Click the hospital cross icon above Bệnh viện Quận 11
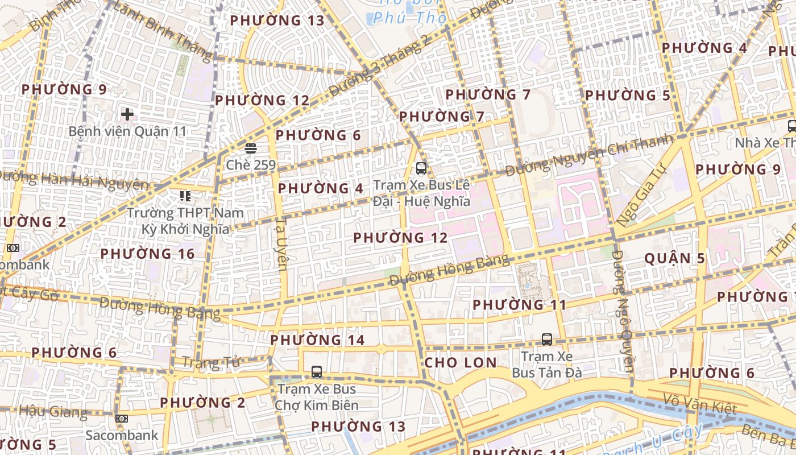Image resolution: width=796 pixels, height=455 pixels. (127, 114)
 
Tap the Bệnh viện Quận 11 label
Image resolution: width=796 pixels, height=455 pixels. (127, 131)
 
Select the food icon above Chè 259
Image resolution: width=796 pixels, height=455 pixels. (250, 148)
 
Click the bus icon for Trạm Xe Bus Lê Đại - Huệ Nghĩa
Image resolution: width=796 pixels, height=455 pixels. (421, 168)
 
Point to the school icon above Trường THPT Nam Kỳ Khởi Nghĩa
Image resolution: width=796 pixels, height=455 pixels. (185, 196)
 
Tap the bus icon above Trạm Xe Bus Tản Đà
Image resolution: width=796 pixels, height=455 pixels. (547, 340)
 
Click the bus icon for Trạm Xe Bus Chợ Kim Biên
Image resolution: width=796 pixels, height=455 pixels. (317, 372)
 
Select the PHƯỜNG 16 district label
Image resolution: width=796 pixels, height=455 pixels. (148, 254)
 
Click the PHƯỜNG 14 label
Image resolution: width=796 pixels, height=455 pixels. (317, 340)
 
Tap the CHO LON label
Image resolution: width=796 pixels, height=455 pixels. (461, 362)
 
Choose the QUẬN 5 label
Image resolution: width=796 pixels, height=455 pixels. (674, 258)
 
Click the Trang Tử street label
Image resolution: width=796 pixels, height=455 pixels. (211, 362)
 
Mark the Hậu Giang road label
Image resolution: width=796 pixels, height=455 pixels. (53, 411)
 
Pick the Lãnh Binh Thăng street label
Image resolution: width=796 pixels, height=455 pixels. (163, 31)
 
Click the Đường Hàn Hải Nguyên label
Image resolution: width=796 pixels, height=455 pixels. (74, 180)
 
